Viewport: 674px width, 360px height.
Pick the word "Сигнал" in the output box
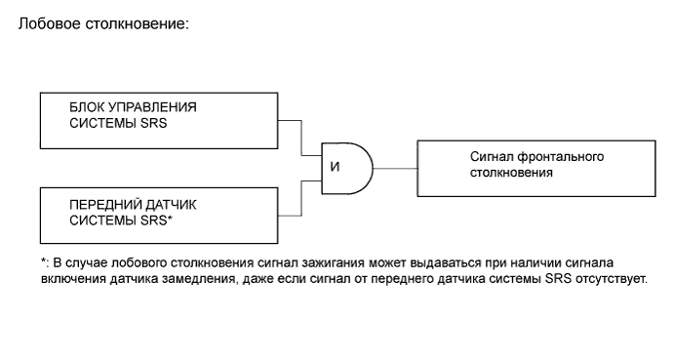494,156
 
